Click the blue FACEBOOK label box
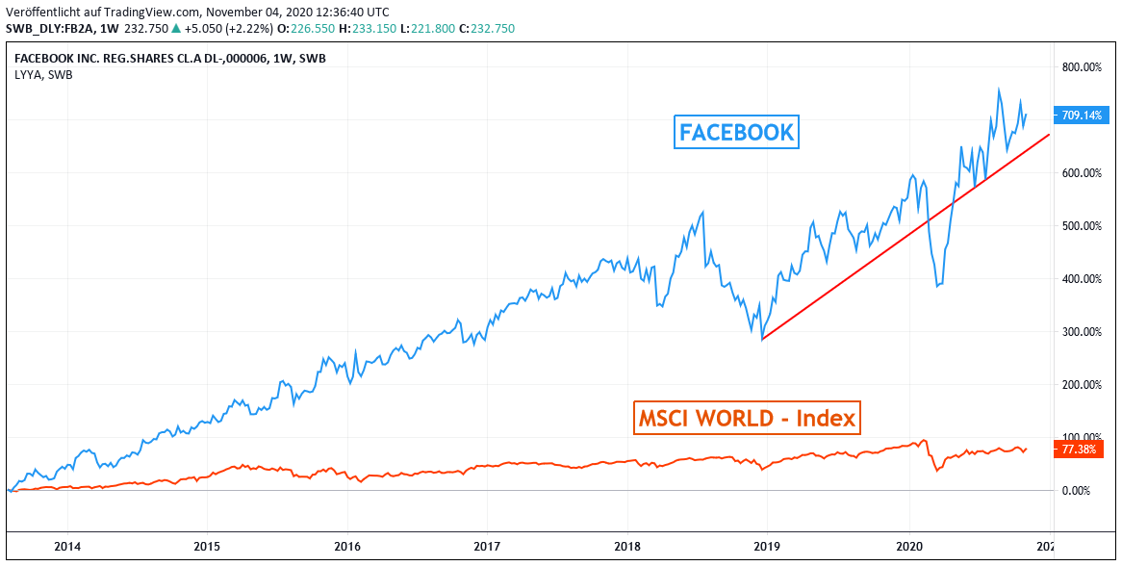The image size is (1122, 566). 737,132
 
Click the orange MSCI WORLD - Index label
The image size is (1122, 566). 747,419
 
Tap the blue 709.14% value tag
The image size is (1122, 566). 1079,116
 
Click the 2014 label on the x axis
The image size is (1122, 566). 67,547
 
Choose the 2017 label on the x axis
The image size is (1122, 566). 487,547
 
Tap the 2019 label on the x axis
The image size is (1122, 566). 767,547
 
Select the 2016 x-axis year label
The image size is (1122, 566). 347,547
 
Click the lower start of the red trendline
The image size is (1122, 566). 761,339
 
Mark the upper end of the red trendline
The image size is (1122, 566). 1049,134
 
